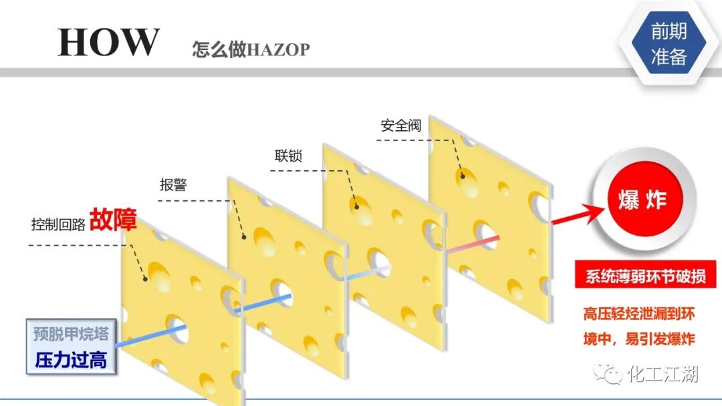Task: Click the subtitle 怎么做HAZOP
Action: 251,49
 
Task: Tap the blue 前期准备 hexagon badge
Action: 669,43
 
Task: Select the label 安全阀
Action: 401,126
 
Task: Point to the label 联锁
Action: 288,156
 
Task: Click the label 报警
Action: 173,185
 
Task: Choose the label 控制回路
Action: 58,224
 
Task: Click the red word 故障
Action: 113,219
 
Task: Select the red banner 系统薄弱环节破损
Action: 641,276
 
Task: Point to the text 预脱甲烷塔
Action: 70,333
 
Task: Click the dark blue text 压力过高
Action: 70,361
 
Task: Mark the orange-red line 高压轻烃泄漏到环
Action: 639,314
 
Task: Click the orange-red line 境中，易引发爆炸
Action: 639,339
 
